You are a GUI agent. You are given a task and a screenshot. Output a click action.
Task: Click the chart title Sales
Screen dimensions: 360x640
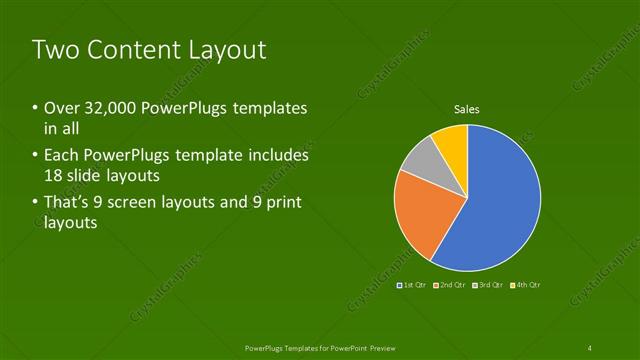pos(467,109)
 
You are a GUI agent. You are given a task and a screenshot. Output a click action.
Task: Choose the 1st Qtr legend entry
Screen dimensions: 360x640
pos(414,285)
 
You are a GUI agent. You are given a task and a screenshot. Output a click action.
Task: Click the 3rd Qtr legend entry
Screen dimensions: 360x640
pos(487,285)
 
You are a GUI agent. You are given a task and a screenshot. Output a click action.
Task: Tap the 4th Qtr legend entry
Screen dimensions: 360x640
pos(524,285)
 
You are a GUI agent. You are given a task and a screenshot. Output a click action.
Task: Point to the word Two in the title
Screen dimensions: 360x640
pos(55,51)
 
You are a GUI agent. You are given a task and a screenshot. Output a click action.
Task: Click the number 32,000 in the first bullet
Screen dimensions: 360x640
pos(106,108)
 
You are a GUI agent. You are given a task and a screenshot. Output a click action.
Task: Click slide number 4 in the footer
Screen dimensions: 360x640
pos(590,347)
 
